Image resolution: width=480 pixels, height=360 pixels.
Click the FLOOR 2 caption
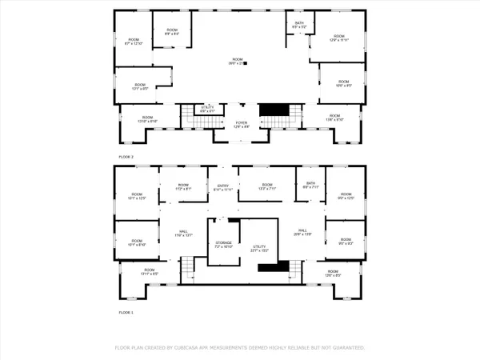pos(126,157)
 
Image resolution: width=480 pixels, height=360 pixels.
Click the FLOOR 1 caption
pos(126,311)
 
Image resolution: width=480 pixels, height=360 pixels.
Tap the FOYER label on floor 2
pos(241,123)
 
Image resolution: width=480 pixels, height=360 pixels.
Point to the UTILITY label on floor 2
pos(207,108)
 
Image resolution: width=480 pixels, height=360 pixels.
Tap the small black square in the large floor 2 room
pos(245,62)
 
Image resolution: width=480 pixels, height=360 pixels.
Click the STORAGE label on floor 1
pos(223,245)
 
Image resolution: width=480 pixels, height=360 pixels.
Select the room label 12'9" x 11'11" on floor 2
pos(338,38)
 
